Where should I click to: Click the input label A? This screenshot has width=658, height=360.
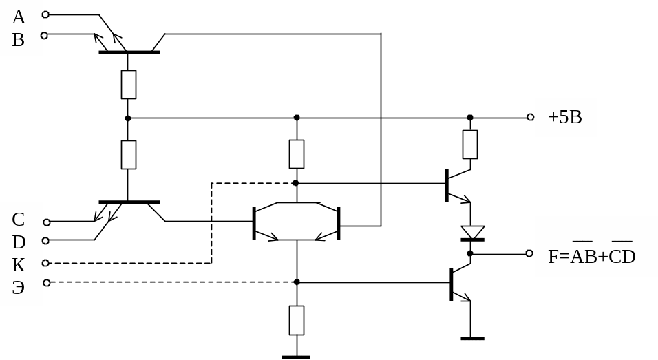point(19,17)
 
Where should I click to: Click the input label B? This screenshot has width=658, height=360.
point(19,40)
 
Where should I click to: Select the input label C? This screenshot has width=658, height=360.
point(19,220)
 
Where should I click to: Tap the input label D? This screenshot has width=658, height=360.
point(19,242)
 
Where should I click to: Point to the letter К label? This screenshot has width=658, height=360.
point(19,265)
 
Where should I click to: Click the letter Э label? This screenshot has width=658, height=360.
point(19,288)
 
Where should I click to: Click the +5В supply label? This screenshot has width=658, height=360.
point(565,118)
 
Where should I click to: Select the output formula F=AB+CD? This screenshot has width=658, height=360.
point(592,257)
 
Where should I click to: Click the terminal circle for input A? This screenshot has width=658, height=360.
point(45,14)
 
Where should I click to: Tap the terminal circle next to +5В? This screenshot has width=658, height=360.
point(531,118)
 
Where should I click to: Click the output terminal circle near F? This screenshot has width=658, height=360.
point(529,253)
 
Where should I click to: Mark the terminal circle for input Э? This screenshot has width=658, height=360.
point(47,283)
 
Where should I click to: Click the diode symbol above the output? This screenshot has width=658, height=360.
point(472,233)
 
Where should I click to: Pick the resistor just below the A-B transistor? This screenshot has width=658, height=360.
point(129,85)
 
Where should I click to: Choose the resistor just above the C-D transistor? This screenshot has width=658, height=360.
point(129,155)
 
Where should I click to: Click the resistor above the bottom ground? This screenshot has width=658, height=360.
point(297,320)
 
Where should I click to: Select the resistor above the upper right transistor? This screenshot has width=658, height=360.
point(470,145)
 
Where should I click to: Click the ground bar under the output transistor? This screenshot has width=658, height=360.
point(472,339)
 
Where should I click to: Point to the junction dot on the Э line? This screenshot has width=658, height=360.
point(297,282)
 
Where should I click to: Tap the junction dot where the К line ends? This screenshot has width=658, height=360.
point(296,183)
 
